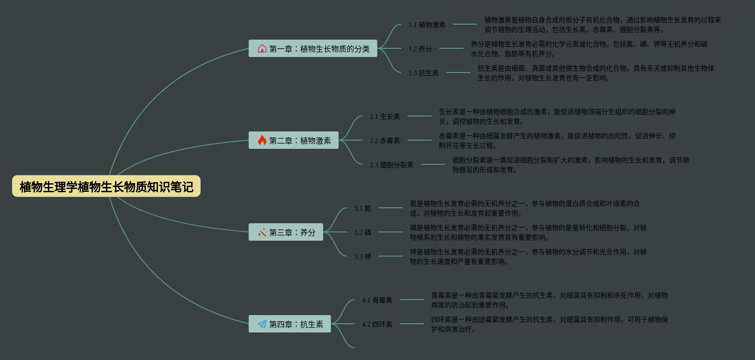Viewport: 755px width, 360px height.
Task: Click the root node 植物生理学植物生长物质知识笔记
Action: pyautogui.click(x=106, y=187)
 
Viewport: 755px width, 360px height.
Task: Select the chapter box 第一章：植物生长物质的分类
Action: pyautogui.click(x=313, y=48)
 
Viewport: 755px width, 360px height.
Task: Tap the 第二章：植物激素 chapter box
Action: pyautogui.click(x=293, y=140)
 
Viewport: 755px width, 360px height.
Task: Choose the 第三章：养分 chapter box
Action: pyautogui.click(x=286, y=232)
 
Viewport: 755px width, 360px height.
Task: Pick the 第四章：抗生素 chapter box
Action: pyautogui.click(x=290, y=324)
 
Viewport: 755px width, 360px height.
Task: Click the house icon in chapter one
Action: pyautogui.click(x=262, y=48)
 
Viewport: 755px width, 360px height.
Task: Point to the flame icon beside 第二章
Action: pyautogui.click(x=262, y=140)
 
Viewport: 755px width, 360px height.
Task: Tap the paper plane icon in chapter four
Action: pyautogui.click(x=262, y=324)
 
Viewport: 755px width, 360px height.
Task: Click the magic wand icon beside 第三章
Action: pyautogui.click(x=262, y=232)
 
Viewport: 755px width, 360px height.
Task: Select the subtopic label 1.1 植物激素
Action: pyautogui.click(x=427, y=24)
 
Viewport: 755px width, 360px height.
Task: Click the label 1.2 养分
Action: pyautogui.click(x=420, y=48)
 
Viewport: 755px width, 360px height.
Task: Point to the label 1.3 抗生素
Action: pyautogui.click(x=423, y=73)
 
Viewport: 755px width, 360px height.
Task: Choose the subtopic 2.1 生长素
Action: pyautogui.click(x=385, y=116)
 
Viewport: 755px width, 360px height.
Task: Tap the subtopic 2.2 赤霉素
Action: pyautogui.click(x=385, y=141)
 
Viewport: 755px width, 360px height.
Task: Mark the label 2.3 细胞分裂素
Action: pyautogui.click(x=392, y=165)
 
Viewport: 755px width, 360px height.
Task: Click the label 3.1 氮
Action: pyautogui.click(x=363, y=208)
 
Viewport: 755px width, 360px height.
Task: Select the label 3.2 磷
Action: pyautogui.click(x=363, y=232)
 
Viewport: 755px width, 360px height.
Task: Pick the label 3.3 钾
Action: pyautogui.click(x=363, y=257)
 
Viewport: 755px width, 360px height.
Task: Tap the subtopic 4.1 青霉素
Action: pyautogui.click(x=377, y=300)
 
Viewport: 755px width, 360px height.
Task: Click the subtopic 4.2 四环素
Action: pyautogui.click(x=377, y=324)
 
